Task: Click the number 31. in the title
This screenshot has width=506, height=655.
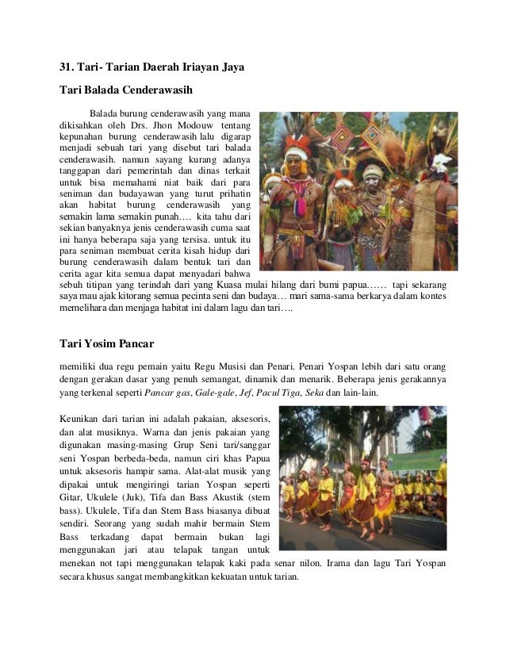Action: pos(70,68)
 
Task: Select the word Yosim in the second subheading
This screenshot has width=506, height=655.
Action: pos(98,345)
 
